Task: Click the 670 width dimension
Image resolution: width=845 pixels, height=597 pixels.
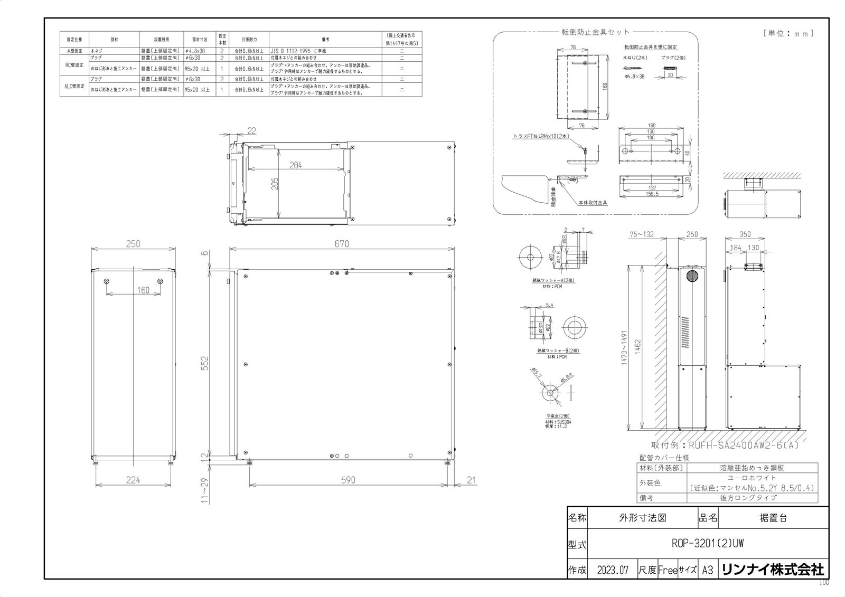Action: (x=342, y=244)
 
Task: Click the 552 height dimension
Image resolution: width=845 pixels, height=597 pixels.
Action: (x=205, y=363)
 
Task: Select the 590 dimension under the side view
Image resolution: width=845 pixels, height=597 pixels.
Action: (x=348, y=480)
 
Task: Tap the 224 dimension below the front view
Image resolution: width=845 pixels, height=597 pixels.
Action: (x=133, y=480)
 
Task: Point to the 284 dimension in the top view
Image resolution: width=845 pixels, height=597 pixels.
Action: (x=296, y=165)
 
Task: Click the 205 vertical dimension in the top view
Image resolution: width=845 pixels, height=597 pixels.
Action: (x=275, y=184)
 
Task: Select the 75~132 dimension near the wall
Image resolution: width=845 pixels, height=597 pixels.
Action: (x=641, y=234)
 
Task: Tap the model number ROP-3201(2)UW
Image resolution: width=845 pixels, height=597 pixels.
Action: (x=707, y=543)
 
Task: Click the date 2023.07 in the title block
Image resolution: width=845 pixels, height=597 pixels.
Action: (x=612, y=570)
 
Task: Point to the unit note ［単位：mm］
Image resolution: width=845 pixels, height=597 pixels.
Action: (x=788, y=33)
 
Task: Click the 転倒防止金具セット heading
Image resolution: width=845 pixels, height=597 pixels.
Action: (x=595, y=32)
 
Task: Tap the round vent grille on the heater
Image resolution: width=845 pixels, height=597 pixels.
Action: (x=692, y=277)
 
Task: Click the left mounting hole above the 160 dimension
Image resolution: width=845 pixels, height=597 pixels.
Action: (x=107, y=281)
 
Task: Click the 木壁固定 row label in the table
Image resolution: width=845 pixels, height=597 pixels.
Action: (x=74, y=51)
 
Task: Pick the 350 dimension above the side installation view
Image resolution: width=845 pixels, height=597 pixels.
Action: (x=745, y=234)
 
